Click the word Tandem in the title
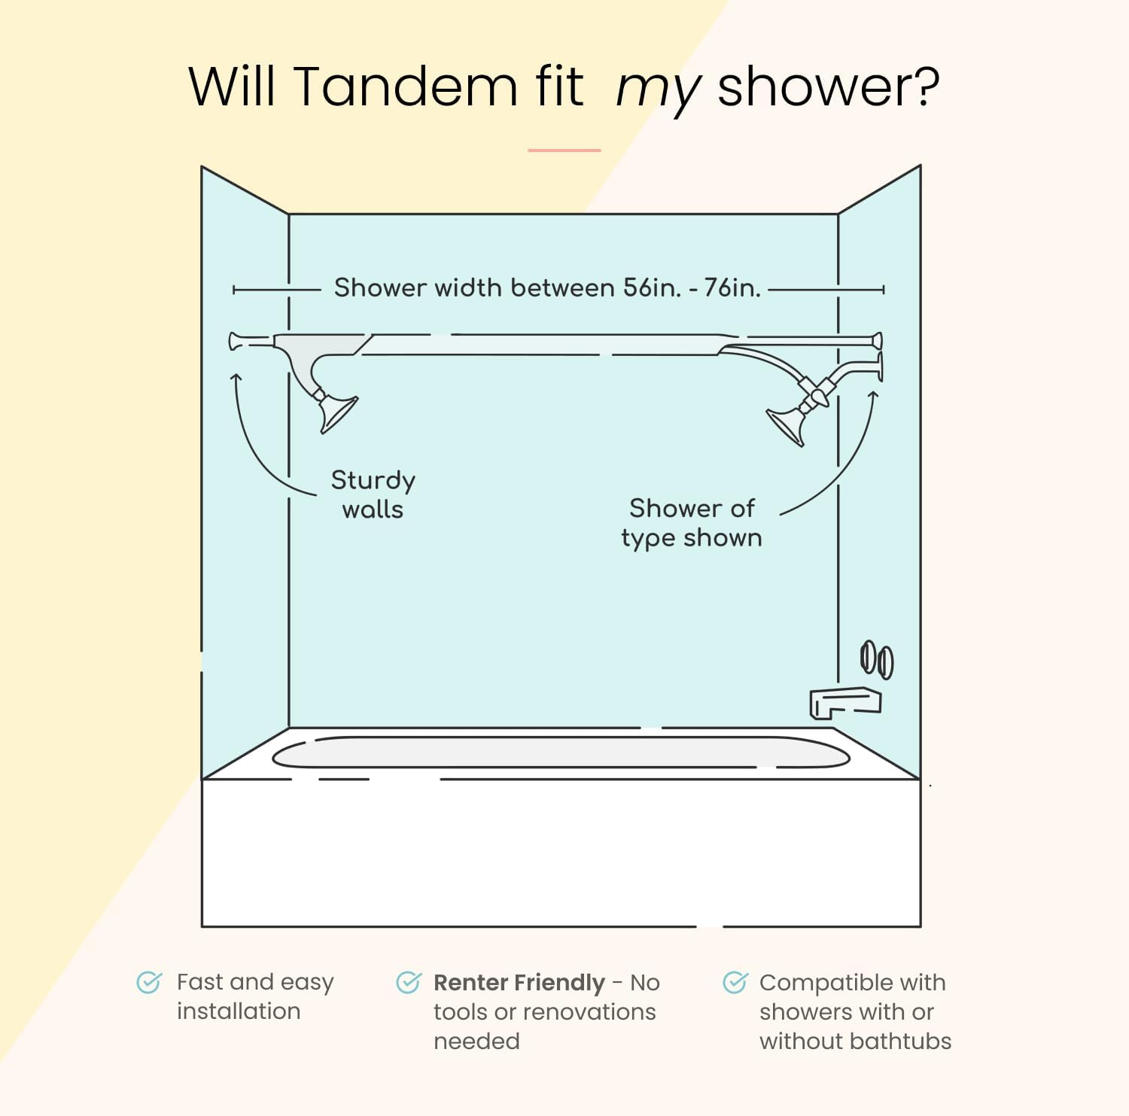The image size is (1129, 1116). point(405,86)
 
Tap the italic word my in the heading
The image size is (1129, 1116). point(658,89)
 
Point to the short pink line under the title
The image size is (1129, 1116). point(564,151)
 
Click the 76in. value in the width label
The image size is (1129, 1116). point(732,287)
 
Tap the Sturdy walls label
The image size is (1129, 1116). point(373,494)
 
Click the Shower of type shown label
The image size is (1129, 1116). point(691,523)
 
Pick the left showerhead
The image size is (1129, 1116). point(336,412)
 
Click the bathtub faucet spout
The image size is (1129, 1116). point(844,702)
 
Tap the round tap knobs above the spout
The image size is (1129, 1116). point(877,660)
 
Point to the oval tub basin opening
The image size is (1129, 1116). point(561,753)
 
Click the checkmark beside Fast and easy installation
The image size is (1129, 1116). point(148,982)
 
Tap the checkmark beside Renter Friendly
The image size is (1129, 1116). point(408,982)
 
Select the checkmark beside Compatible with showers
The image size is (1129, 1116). point(735,982)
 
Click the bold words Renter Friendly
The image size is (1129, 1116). point(519,983)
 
